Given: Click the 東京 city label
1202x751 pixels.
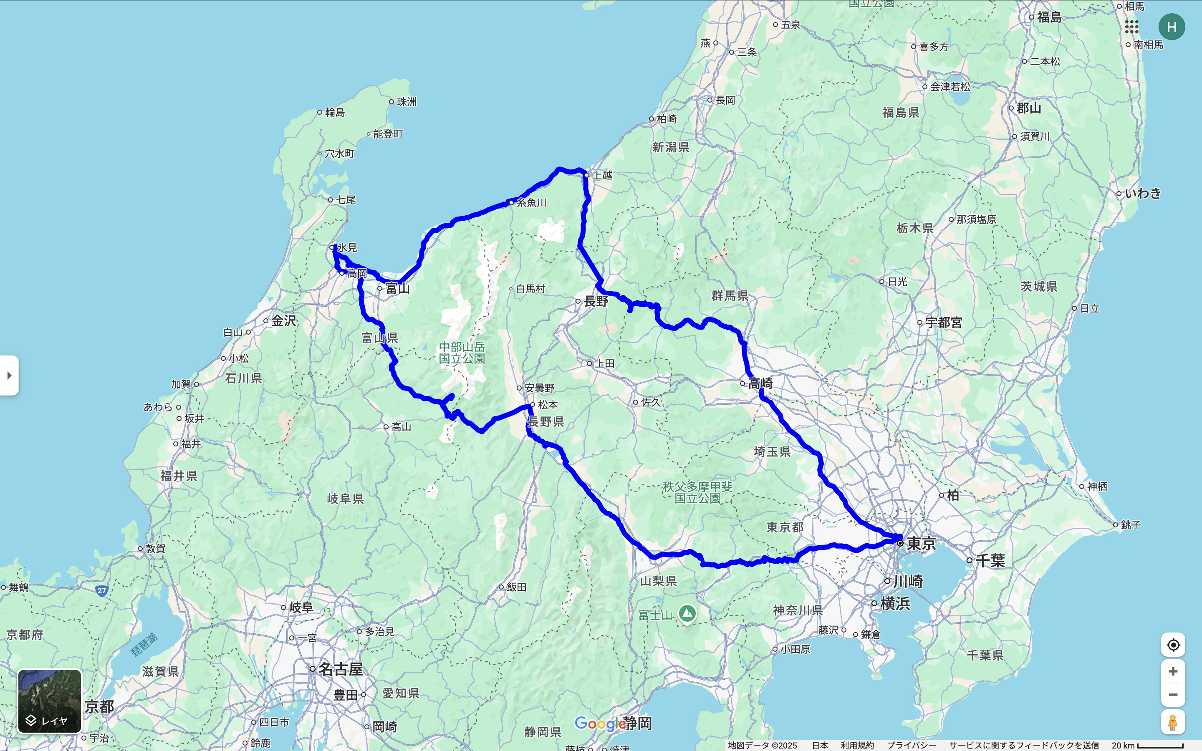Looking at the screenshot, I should click(x=922, y=543).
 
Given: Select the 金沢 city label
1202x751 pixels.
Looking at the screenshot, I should click(x=284, y=321).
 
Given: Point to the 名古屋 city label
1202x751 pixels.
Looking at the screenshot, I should click(x=340, y=669).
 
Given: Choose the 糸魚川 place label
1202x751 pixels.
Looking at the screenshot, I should click(x=531, y=203).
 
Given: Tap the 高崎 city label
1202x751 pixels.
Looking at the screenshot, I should click(x=760, y=383).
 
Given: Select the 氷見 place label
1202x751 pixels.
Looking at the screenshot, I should click(x=347, y=247).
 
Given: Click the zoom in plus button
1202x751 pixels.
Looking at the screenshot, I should click(x=1173, y=672).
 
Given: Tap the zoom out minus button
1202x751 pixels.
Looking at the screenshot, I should click(x=1173, y=694).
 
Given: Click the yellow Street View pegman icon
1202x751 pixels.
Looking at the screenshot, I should click(x=1173, y=722).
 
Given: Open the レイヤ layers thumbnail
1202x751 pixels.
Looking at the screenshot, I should click(x=50, y=701).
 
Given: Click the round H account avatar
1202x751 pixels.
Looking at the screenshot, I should click(x=1172, y=27).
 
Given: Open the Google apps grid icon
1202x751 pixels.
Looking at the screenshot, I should click(x=1131, y=27).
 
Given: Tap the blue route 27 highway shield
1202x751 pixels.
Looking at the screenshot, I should click(x=102, y=590).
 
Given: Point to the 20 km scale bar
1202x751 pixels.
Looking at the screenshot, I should click(x=1160, y=746).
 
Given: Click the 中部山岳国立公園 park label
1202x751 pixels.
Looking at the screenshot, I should click(x=462, y=353).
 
